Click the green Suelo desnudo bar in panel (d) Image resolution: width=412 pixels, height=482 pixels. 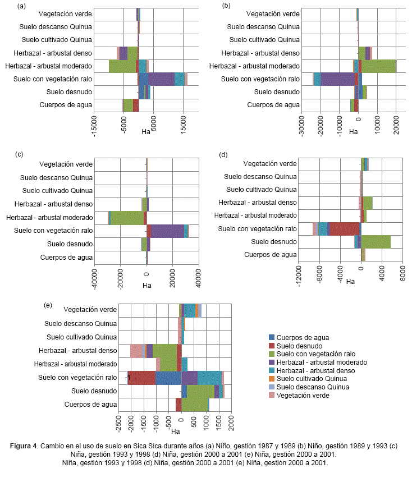tap(376, 242)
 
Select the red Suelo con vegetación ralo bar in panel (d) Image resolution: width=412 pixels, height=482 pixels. tap(343, 229)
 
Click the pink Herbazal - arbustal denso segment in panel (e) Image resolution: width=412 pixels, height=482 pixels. tap(137, 351)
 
